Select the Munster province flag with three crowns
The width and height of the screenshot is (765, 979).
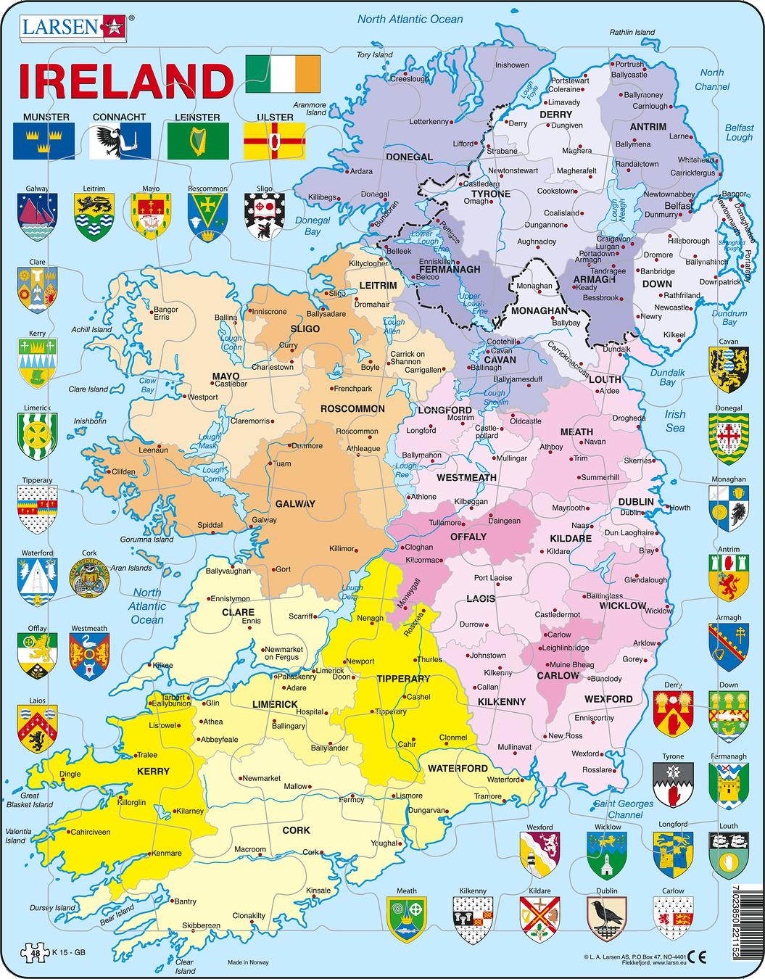click(x=43, y=141)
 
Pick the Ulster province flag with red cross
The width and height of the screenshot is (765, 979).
click(x=274, y=141)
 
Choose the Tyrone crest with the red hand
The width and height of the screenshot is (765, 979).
click(x=672, y=785)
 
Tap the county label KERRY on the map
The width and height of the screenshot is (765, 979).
click(x=153, y=772)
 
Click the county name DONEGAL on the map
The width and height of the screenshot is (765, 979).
click(x=410, y=157)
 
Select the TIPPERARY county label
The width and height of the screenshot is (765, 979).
click(x=404, y=679)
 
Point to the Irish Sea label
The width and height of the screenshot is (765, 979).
click(x=675, y=421)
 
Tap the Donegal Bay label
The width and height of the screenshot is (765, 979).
click(x=313, y=226)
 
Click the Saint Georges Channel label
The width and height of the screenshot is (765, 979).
click(x=624, y=809)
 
